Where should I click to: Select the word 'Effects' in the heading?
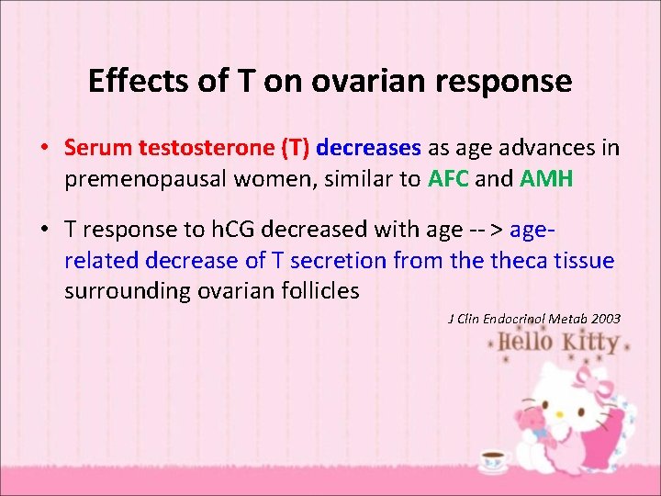coord(129,82)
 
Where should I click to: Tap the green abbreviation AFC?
coord(448,179)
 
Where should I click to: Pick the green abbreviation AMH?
coord(546,179)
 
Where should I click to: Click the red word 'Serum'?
coord(98,148)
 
